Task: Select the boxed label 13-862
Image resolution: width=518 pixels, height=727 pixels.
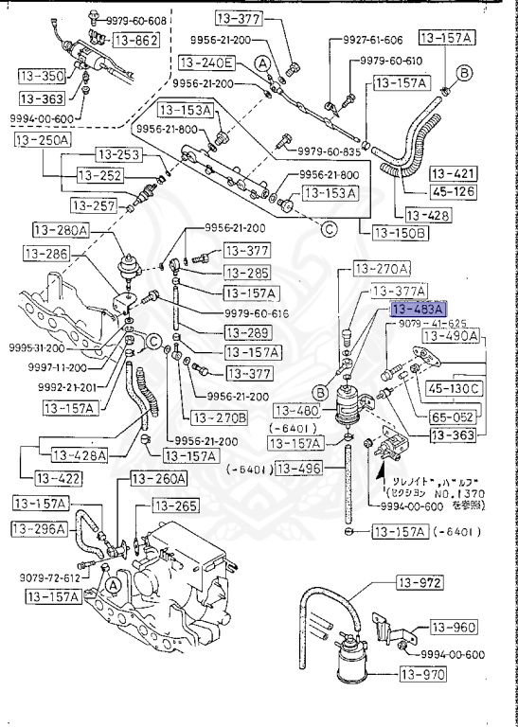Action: pos(135,40)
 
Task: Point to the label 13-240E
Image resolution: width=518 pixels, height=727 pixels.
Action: pos(205,63)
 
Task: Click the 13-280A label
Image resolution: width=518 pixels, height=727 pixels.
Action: pos(60,230)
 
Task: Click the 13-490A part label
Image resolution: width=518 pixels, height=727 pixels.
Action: pos(450,336)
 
